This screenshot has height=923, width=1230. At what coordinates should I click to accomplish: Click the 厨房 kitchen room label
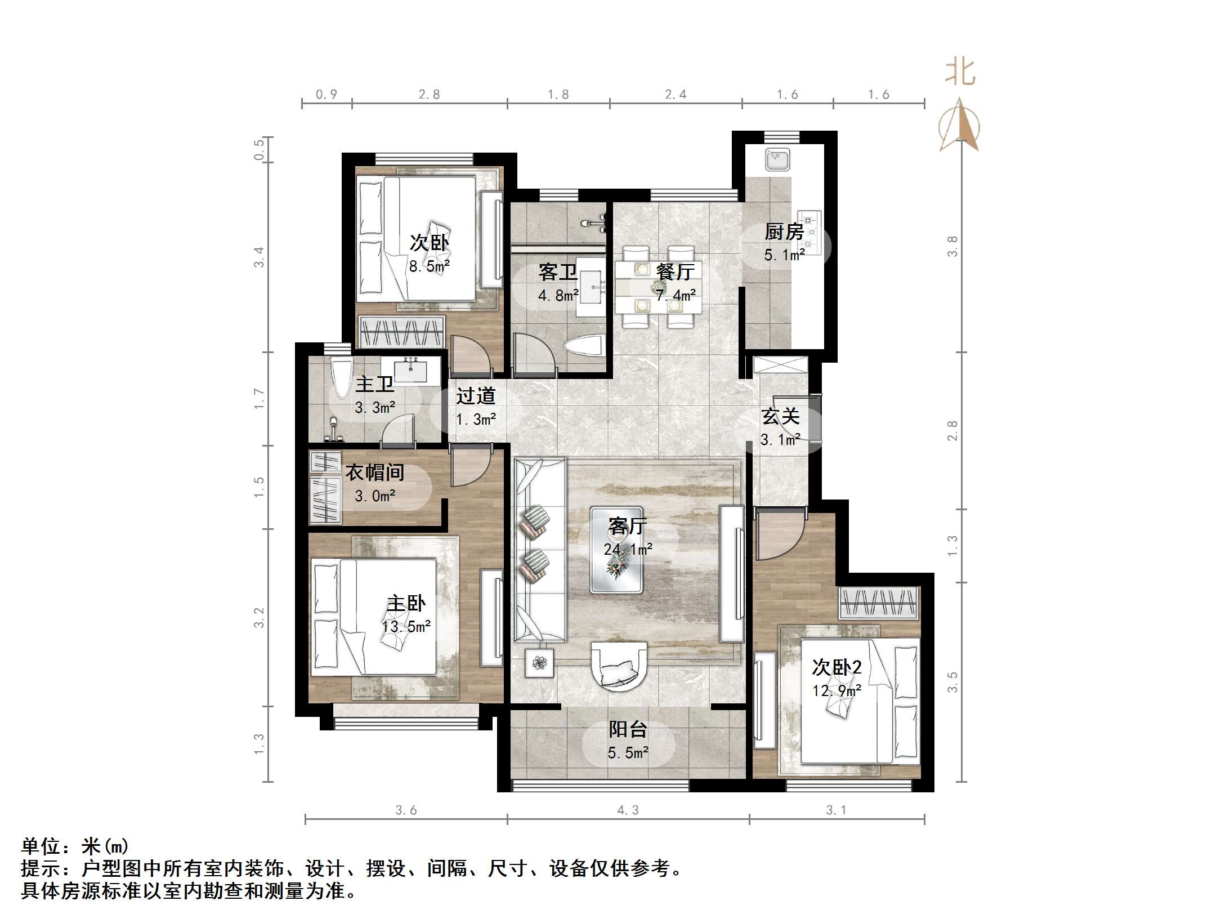784,231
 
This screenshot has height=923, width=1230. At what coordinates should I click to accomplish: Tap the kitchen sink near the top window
777,159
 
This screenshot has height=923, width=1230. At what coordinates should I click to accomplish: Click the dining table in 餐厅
658,288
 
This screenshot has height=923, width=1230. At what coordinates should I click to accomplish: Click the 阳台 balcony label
628,729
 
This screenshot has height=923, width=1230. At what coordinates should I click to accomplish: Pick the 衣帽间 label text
374,472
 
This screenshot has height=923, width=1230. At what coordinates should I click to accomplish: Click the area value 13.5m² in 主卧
406,626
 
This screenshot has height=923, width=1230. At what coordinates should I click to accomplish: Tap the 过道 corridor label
476,396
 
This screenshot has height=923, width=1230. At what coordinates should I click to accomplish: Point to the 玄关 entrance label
780,417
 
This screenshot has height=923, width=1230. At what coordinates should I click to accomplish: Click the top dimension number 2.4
675,94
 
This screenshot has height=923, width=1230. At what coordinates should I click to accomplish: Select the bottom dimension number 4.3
628,810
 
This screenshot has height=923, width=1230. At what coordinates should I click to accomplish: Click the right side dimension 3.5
952,682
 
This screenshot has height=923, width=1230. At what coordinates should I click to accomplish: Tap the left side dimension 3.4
258,257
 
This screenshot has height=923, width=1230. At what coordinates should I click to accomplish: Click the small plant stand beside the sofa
539,663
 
